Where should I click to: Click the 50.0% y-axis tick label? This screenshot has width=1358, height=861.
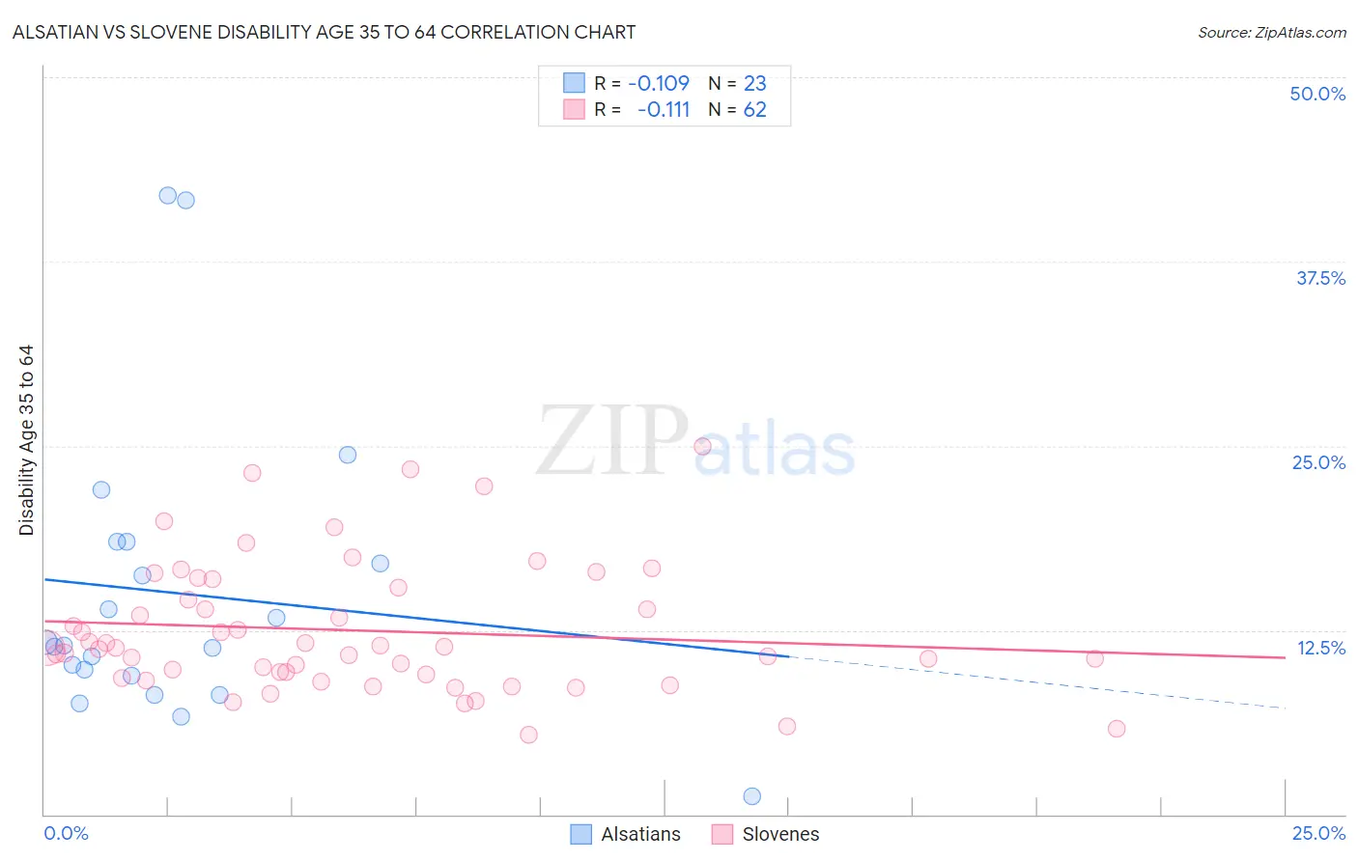tap(1317, 94)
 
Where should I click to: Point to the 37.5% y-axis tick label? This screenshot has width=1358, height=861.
tap(1320, 278)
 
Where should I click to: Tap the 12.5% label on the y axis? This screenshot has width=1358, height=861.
tap(1320, 648)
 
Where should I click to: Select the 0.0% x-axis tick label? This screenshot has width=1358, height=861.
tap(66, 833)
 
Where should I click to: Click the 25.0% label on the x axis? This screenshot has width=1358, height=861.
tap(1318, 833)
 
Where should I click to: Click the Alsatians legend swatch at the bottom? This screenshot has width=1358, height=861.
tap(580, 834)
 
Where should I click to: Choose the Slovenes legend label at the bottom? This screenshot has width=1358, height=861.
tap(780, 834)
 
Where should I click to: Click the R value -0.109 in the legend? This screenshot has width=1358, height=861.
tap(659, 83)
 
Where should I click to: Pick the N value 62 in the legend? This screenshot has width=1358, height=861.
tap(754, 110)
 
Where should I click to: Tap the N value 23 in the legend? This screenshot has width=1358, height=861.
tap(754, 83)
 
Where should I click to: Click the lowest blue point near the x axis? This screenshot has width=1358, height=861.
tap(752, 796)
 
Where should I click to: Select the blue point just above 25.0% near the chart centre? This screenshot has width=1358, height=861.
tap(348, 455)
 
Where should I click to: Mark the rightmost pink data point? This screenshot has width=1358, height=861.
tap(1117, 729)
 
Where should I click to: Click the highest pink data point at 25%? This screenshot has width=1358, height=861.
tap(702, 446)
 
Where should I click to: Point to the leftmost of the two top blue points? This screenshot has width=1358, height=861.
tap(167, 195)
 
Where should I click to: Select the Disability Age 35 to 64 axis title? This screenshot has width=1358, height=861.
tap(26, 440)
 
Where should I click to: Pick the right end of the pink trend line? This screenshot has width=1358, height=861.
tap(1284, 657)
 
